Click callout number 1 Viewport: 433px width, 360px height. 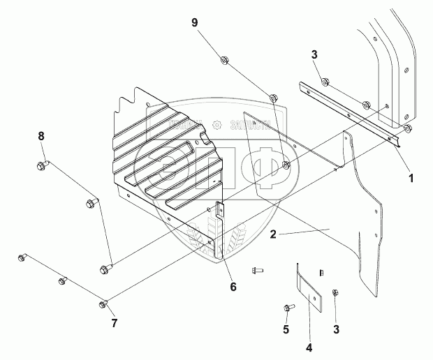tap(411, 178)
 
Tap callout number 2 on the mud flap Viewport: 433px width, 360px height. tap(274, 235)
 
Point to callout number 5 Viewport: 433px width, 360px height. tap(286, 328)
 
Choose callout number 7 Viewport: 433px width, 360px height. tap(114, 322)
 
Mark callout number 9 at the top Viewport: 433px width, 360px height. tap(195, 23)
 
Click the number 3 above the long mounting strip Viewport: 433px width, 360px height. tap(314, 55)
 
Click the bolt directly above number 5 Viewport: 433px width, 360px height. tap(288, 307)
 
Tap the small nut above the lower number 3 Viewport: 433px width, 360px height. tap(335, 292)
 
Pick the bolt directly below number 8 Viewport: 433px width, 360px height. tap(40, 166)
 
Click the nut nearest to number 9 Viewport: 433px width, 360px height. tap(223, 60)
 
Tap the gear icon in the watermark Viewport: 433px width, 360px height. tap(216, 124)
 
